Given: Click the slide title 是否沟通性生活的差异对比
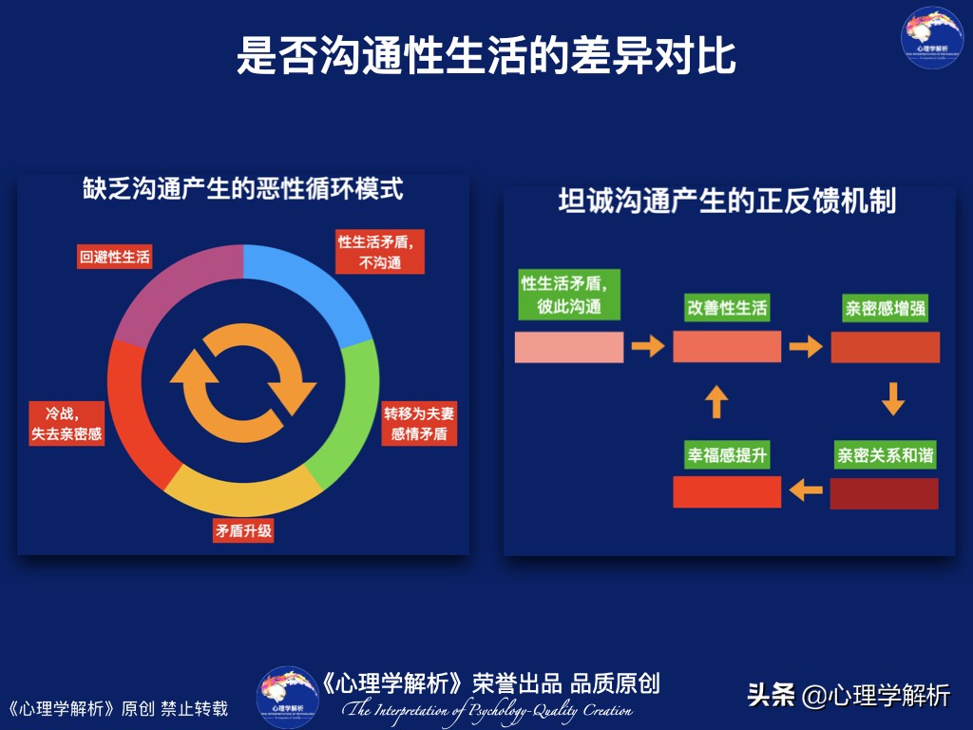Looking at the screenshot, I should pyautogui.click(x=486, y=56).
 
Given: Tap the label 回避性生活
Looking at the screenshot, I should pyautogui.click(x=115, y=257).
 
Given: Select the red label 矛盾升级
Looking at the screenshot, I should pyautogui.click(x=243, y=530).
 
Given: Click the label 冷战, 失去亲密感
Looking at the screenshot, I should pyautogui.click(x=67, y=424).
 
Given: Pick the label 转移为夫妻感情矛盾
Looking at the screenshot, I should pyautogui.click(x=418, y=425).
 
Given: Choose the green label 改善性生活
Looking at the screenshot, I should pyautogui.click(x=727, y=308).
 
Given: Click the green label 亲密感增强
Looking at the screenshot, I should pyautogui.click(x=886, y=309).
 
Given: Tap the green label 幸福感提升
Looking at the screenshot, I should pyautogui.click(x=727, y=455).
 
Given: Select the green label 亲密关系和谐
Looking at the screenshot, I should pyautogui.click(x=885, y=455).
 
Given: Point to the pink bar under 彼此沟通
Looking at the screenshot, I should pyautogui.click(x=569, y=347).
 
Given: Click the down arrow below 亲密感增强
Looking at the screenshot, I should pyautogui.click(x=892, y=399).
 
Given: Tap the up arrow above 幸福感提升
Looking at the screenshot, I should pyautogui.click(x=717, y=402).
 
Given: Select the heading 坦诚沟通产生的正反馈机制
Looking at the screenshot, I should pyautogui.click(x=727, y=202).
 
